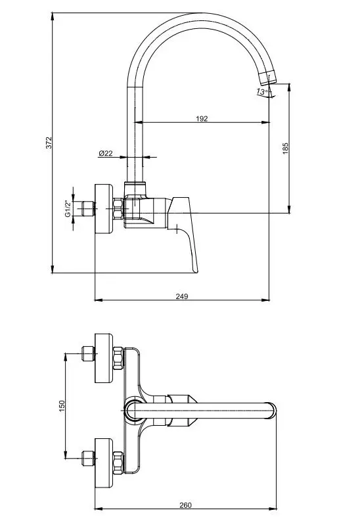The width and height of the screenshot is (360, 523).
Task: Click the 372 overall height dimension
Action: coord(49,143)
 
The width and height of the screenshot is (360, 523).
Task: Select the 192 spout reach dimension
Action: coord(202,119)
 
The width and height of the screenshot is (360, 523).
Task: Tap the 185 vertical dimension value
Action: coord(285,148)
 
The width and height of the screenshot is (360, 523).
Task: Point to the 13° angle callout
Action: coord(262,91)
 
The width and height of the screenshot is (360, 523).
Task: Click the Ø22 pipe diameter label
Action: coord(106,153)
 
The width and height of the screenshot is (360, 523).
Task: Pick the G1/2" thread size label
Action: coord(68,209)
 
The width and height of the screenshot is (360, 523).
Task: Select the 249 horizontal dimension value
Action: coord(182,296)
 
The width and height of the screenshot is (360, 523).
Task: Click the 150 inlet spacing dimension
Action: coord(62,406)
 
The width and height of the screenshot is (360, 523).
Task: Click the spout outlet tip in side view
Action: coord(269,78)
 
